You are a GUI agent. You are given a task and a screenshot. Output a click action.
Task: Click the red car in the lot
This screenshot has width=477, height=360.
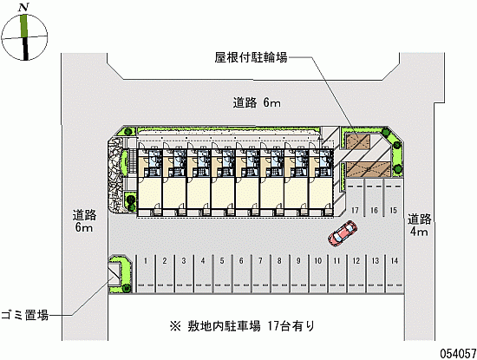click(343, 233)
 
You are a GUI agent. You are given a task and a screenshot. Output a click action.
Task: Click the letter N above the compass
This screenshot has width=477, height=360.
click(23, 7)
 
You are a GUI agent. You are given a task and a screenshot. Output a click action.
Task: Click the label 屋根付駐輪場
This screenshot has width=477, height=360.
click(251, 57)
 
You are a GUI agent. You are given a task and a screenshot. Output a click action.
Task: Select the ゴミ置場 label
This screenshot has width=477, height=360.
click(25, 315)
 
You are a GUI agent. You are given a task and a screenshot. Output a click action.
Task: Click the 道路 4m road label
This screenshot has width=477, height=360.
click(419, 226)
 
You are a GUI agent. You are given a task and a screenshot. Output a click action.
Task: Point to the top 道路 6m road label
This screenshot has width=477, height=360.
click(257, 103)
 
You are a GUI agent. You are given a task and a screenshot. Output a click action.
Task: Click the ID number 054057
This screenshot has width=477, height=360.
click(458, 354)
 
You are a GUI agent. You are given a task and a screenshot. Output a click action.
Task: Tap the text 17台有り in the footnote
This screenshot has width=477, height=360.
click(291, 326)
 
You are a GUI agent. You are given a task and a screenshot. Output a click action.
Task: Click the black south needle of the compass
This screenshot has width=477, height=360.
click(25, 49)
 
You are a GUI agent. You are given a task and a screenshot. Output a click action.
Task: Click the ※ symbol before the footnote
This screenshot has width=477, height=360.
click(175, 326)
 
